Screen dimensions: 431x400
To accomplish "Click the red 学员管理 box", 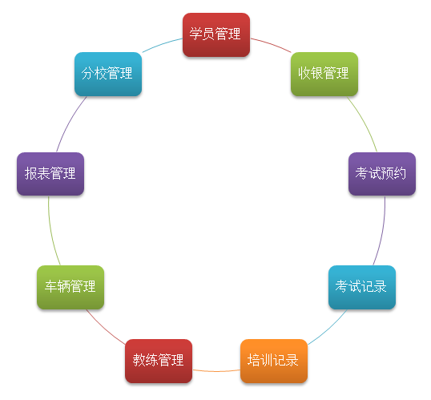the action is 216,35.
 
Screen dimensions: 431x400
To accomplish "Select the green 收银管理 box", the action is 324,75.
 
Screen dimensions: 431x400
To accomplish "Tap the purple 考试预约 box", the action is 382,174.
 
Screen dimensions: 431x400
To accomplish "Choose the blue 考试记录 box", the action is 362,287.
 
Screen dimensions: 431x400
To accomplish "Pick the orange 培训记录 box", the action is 274,361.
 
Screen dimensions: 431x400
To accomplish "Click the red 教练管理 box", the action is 159,361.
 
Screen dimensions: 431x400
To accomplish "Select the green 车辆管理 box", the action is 70,287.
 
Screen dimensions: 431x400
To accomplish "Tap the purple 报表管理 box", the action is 50,174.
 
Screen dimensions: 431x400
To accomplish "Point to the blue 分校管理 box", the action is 108,75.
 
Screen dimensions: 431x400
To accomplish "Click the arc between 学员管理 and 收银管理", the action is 272,44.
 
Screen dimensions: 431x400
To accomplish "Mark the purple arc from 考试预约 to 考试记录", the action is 381,232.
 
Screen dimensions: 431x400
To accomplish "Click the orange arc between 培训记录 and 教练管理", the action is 216,371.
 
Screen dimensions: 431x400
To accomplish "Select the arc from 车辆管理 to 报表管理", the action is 51,232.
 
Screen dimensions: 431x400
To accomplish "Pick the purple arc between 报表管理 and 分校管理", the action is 69,123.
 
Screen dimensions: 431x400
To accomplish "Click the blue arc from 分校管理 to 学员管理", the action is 161,44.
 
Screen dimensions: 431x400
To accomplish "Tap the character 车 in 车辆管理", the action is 50,286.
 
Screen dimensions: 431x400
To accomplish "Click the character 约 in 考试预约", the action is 400,173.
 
